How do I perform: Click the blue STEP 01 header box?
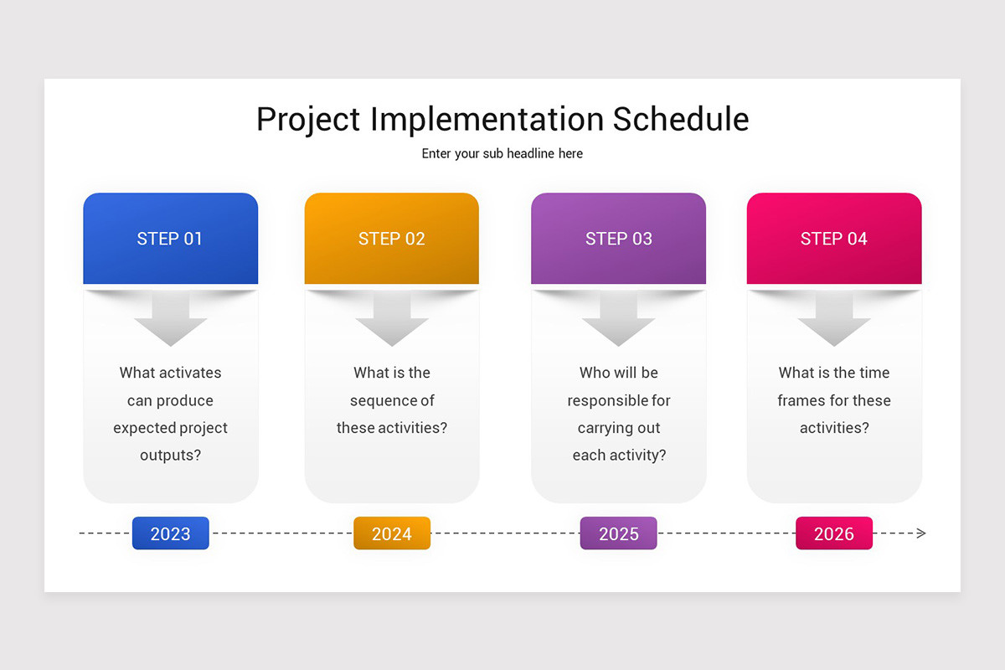point(170,239)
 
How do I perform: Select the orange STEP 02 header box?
point(391,239)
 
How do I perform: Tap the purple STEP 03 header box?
point(618,239)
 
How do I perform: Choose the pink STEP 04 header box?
point(833,239)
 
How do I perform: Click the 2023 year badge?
point(170,533)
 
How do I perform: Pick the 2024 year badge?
point(391,533)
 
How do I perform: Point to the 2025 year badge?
point(618,533)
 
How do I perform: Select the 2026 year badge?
point(833,533)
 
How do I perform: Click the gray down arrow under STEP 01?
point(170,322)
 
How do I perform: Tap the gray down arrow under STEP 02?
point(391,322)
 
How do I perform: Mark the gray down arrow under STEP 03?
point(618,322)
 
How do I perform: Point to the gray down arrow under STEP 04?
point(833,322)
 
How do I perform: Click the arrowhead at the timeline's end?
point(921,533)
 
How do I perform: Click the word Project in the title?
point(308,119)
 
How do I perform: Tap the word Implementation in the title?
point(487,119)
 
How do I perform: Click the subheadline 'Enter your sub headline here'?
point(502,154)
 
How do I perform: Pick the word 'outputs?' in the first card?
point(170,456)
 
